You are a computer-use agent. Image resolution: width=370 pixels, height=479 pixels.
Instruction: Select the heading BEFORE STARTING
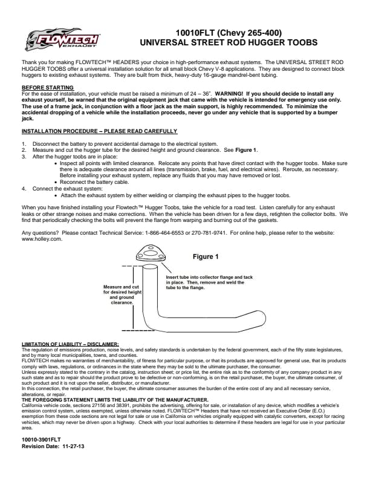[43, 88]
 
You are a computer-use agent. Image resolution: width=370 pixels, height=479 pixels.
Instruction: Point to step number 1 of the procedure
[24, 144]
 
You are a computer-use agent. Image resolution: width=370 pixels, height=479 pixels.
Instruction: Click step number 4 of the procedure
[24, 189]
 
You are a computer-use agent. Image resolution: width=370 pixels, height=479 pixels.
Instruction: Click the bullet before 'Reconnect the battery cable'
[56, 181]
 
